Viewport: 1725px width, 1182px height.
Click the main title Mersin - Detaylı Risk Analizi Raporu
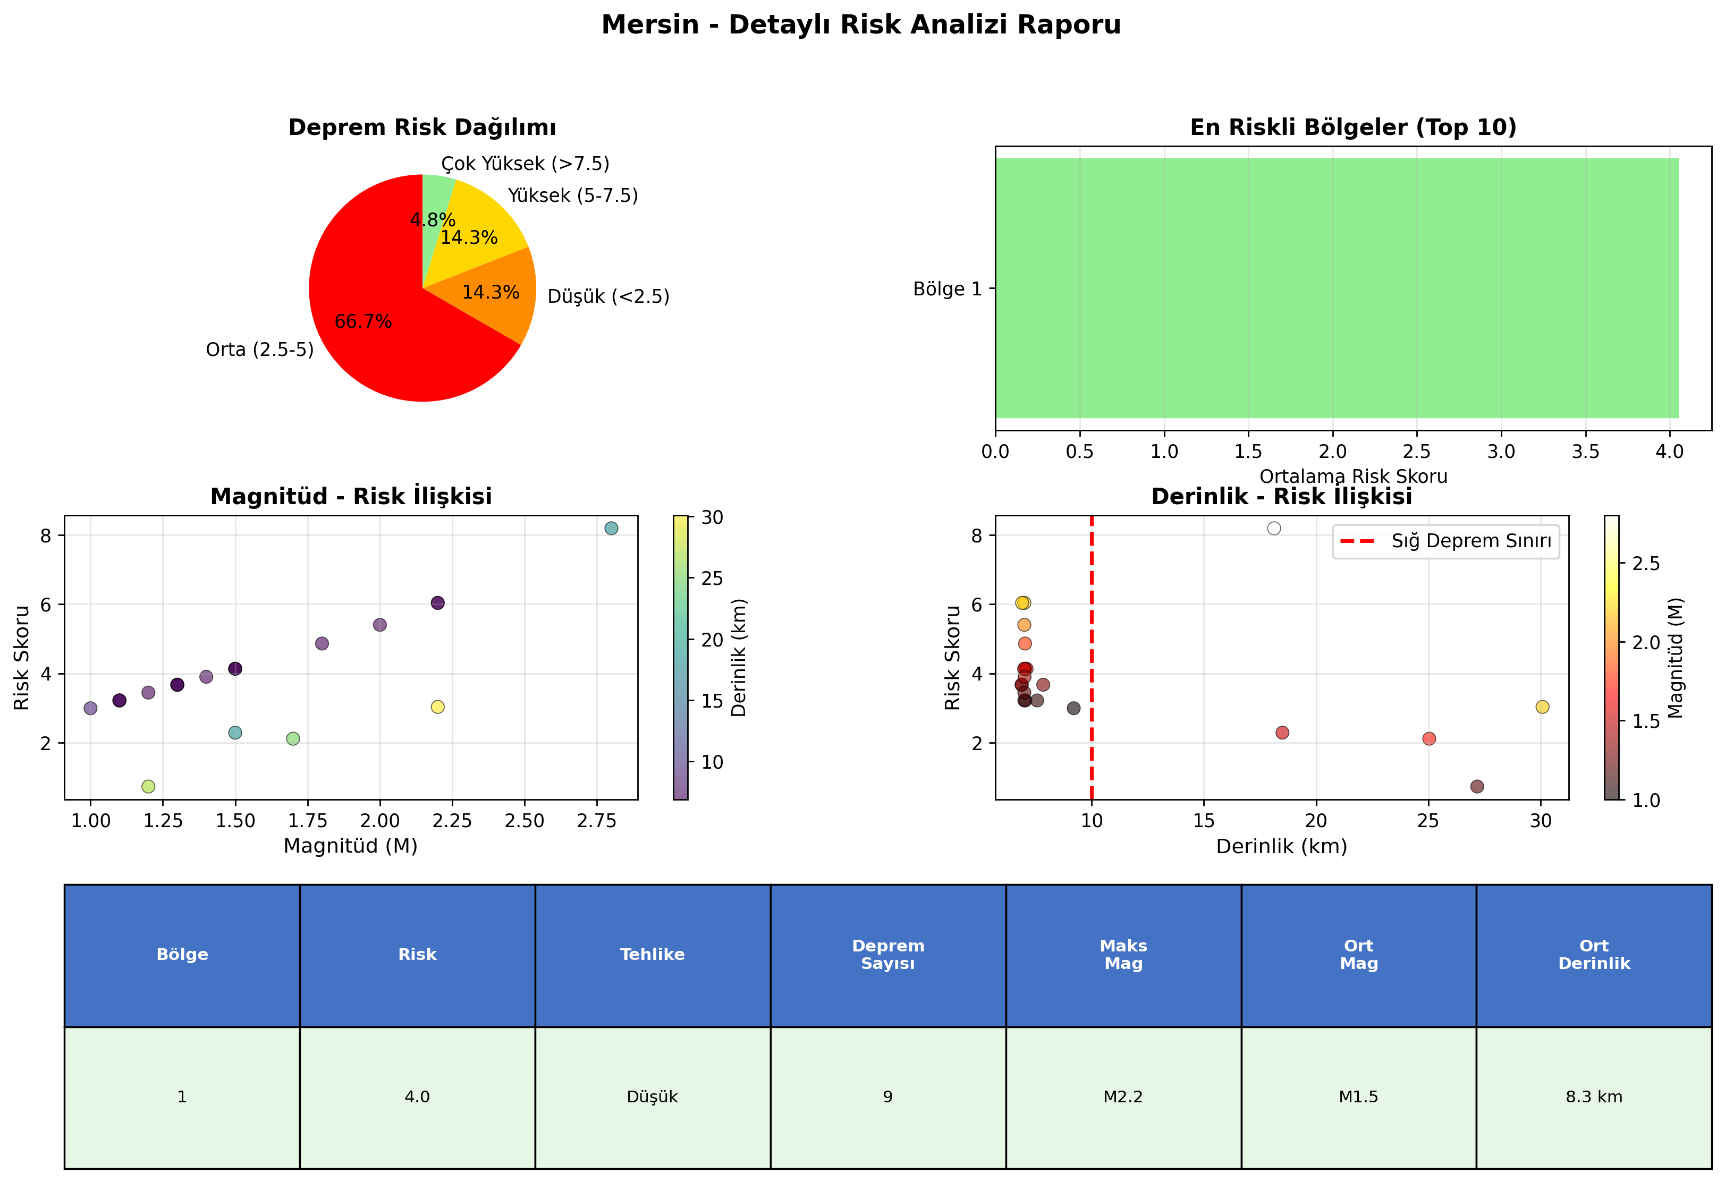pos(861,25)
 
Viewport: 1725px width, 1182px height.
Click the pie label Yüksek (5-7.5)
pos(572,196)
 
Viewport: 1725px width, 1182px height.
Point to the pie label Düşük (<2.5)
pos(608,297)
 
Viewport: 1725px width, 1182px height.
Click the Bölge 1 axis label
pos(947,288)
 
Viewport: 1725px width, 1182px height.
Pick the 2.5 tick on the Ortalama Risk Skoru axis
pos(1417,451)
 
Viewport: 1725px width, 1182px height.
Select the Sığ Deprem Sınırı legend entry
pos(1446,541)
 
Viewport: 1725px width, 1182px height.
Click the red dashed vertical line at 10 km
pos(1091,658)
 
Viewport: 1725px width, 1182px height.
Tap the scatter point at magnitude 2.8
pos(611,528)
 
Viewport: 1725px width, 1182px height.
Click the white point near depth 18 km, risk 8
pos(1274,528)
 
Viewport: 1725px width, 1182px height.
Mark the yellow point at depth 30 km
pos(1542,707)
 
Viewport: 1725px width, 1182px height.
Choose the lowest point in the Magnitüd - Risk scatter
pos(148,786)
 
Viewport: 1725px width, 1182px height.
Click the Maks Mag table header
pos(1123,955)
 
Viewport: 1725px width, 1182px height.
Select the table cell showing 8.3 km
pos(1594,1096)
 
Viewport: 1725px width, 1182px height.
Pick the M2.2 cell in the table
pos(1123,1096)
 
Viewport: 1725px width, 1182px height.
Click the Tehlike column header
pos(653,955)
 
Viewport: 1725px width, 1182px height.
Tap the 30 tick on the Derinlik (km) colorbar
pos(712,517)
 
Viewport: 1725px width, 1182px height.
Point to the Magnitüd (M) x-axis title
pos(350,846)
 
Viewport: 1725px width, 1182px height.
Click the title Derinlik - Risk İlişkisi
pos(1281,496)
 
